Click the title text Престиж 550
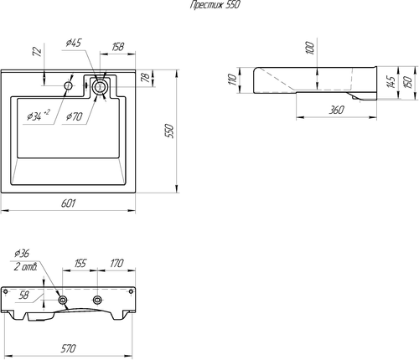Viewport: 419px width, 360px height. point(215,5)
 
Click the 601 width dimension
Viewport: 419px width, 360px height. point(68,203)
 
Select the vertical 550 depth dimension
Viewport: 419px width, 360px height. point(169,131)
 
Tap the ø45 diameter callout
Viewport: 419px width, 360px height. point(74,43)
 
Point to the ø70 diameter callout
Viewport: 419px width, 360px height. point(74,116)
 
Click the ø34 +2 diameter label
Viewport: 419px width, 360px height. point(39,116)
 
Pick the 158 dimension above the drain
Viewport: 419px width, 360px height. point(117,47)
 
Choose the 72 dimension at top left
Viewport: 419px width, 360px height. point(37,52)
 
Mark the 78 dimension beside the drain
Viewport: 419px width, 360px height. point(146,77)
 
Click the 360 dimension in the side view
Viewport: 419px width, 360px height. point(336,110)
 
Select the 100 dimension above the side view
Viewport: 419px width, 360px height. point(310,48)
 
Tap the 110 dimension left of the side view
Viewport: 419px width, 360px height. point(232,80)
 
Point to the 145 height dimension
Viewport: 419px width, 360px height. point(391,82)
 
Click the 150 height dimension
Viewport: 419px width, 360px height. point(408,82)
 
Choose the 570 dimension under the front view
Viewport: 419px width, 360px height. point(68,348)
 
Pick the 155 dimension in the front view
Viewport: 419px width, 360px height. point(80,263)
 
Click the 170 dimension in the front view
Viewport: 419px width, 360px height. point(116,263)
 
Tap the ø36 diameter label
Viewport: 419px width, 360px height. point(22,253)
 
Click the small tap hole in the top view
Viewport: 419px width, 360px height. point(68,85)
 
